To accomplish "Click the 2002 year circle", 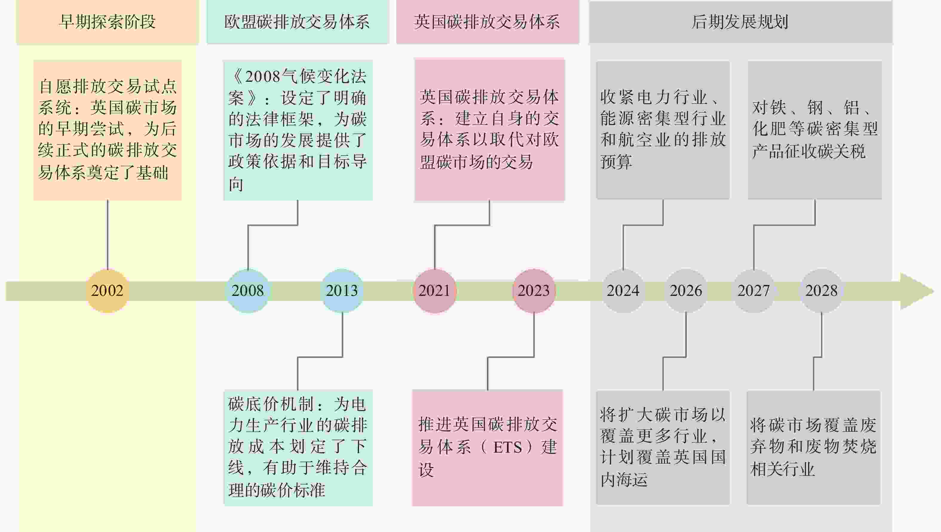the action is (107, 291).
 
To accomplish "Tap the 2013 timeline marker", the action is (342, 291).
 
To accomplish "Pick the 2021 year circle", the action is (434, 291).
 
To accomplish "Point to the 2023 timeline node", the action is (534, 291).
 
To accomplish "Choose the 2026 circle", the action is (686, 291).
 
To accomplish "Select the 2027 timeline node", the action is (753, 291).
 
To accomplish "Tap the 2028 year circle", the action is (822, 291).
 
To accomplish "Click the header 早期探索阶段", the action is (108, 22).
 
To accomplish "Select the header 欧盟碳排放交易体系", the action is (297, 22).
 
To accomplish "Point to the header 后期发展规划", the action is (740, 22).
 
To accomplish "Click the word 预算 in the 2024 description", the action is (616, 162).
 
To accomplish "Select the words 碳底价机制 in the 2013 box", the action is (271, 404).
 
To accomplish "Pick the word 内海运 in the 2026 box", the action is (624, 479).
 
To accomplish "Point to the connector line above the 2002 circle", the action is (108, 235).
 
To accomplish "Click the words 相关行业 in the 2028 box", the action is (782, 469).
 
